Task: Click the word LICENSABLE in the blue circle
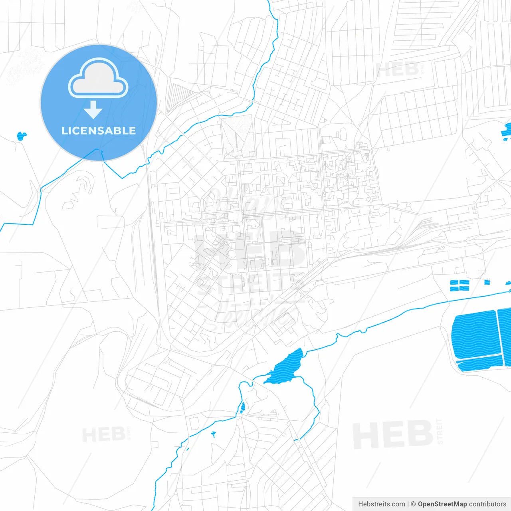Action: pos(99,131)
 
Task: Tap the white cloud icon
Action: pos(98,78)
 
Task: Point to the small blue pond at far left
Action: pos(21,136)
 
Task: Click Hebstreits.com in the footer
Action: pos(381,504)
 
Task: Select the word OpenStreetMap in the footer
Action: pos(442,504)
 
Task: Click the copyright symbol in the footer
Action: pos(413,504)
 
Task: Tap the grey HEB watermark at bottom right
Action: pos(393,434)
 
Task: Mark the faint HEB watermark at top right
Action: pos(397,70)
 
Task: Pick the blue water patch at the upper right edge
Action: pos(508,131)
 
